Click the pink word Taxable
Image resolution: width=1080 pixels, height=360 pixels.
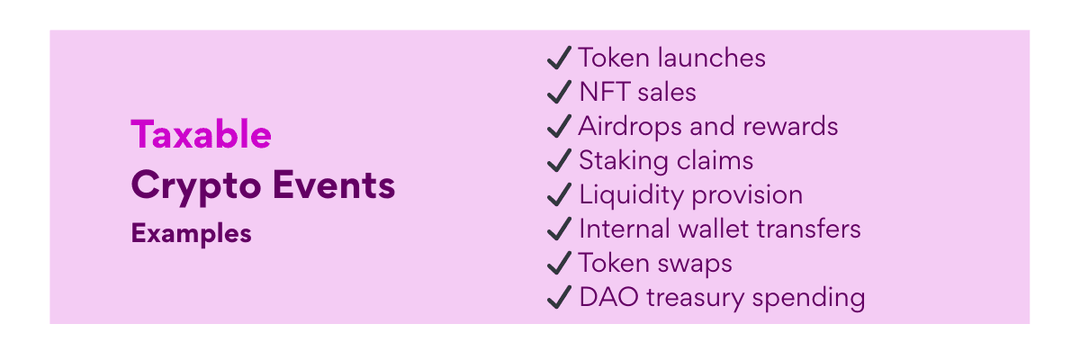(201, 134)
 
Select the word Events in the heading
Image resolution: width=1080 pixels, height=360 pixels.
(334, 184)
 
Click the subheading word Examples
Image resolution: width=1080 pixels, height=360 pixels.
(191, 234)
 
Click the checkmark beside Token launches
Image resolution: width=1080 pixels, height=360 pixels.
(559, 58)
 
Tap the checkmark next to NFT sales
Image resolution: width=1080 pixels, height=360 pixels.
(559, 92)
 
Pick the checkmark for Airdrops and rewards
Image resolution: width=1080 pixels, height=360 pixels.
(559, 126)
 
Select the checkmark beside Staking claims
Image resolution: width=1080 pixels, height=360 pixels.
(559, 160)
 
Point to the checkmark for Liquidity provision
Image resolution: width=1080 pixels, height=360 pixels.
(559, 194)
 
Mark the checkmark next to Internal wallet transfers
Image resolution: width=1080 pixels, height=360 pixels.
(559, 229)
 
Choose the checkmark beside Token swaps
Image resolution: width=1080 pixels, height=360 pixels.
(559, 263)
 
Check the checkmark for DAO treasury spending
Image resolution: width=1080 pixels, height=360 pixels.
(559, 297)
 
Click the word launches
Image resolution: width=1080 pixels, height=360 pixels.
(712, 58)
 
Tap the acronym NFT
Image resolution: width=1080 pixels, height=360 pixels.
(605, 92)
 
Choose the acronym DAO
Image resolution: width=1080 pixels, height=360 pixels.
(609, 297)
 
